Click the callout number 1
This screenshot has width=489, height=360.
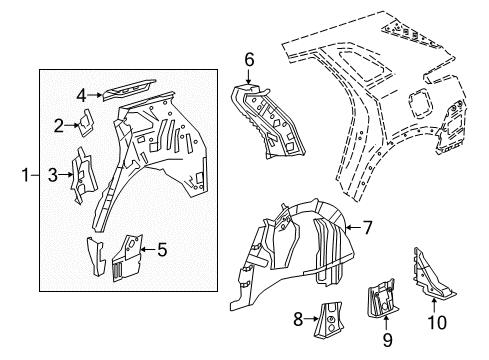[24, 176]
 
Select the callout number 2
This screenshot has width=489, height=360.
[59, 124]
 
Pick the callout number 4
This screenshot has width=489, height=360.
[82, 95]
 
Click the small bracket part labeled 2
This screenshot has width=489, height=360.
[86, 121]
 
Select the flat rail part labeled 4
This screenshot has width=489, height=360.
[128, 89]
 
